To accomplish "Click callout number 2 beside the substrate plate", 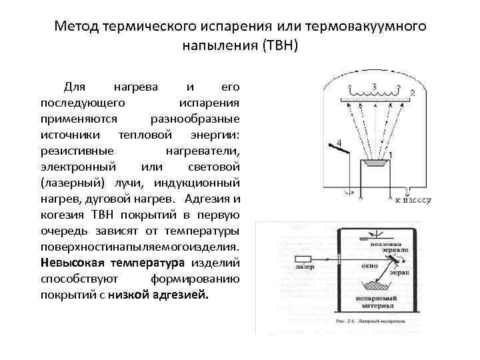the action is (412, 93).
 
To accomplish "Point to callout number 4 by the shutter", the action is (339, 143).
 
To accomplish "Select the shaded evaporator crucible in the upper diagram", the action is (375, 162).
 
